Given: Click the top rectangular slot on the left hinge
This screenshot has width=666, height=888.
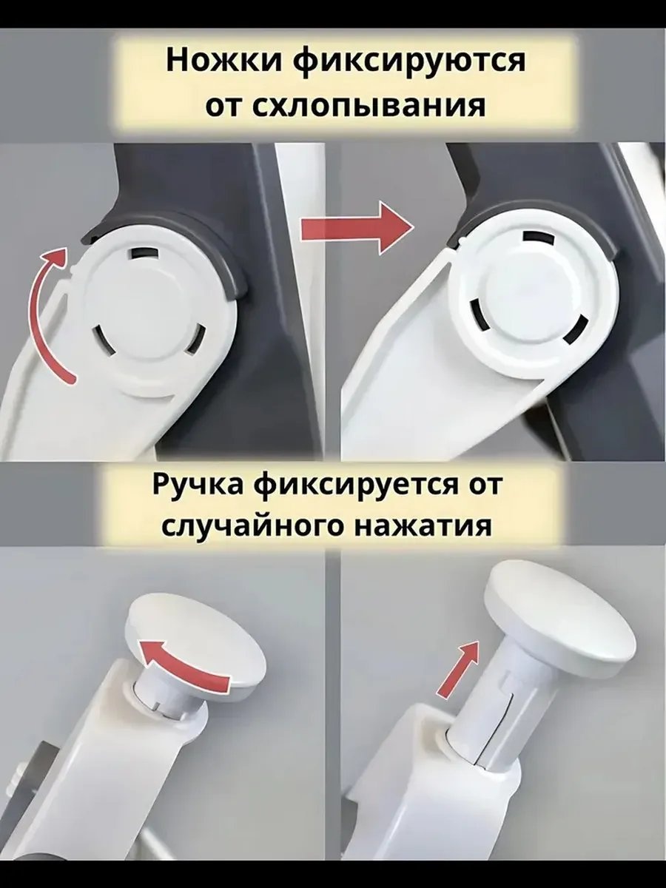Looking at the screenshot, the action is tap(144, 252).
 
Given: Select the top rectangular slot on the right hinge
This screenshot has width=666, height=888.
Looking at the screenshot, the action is tap(538, 238).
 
